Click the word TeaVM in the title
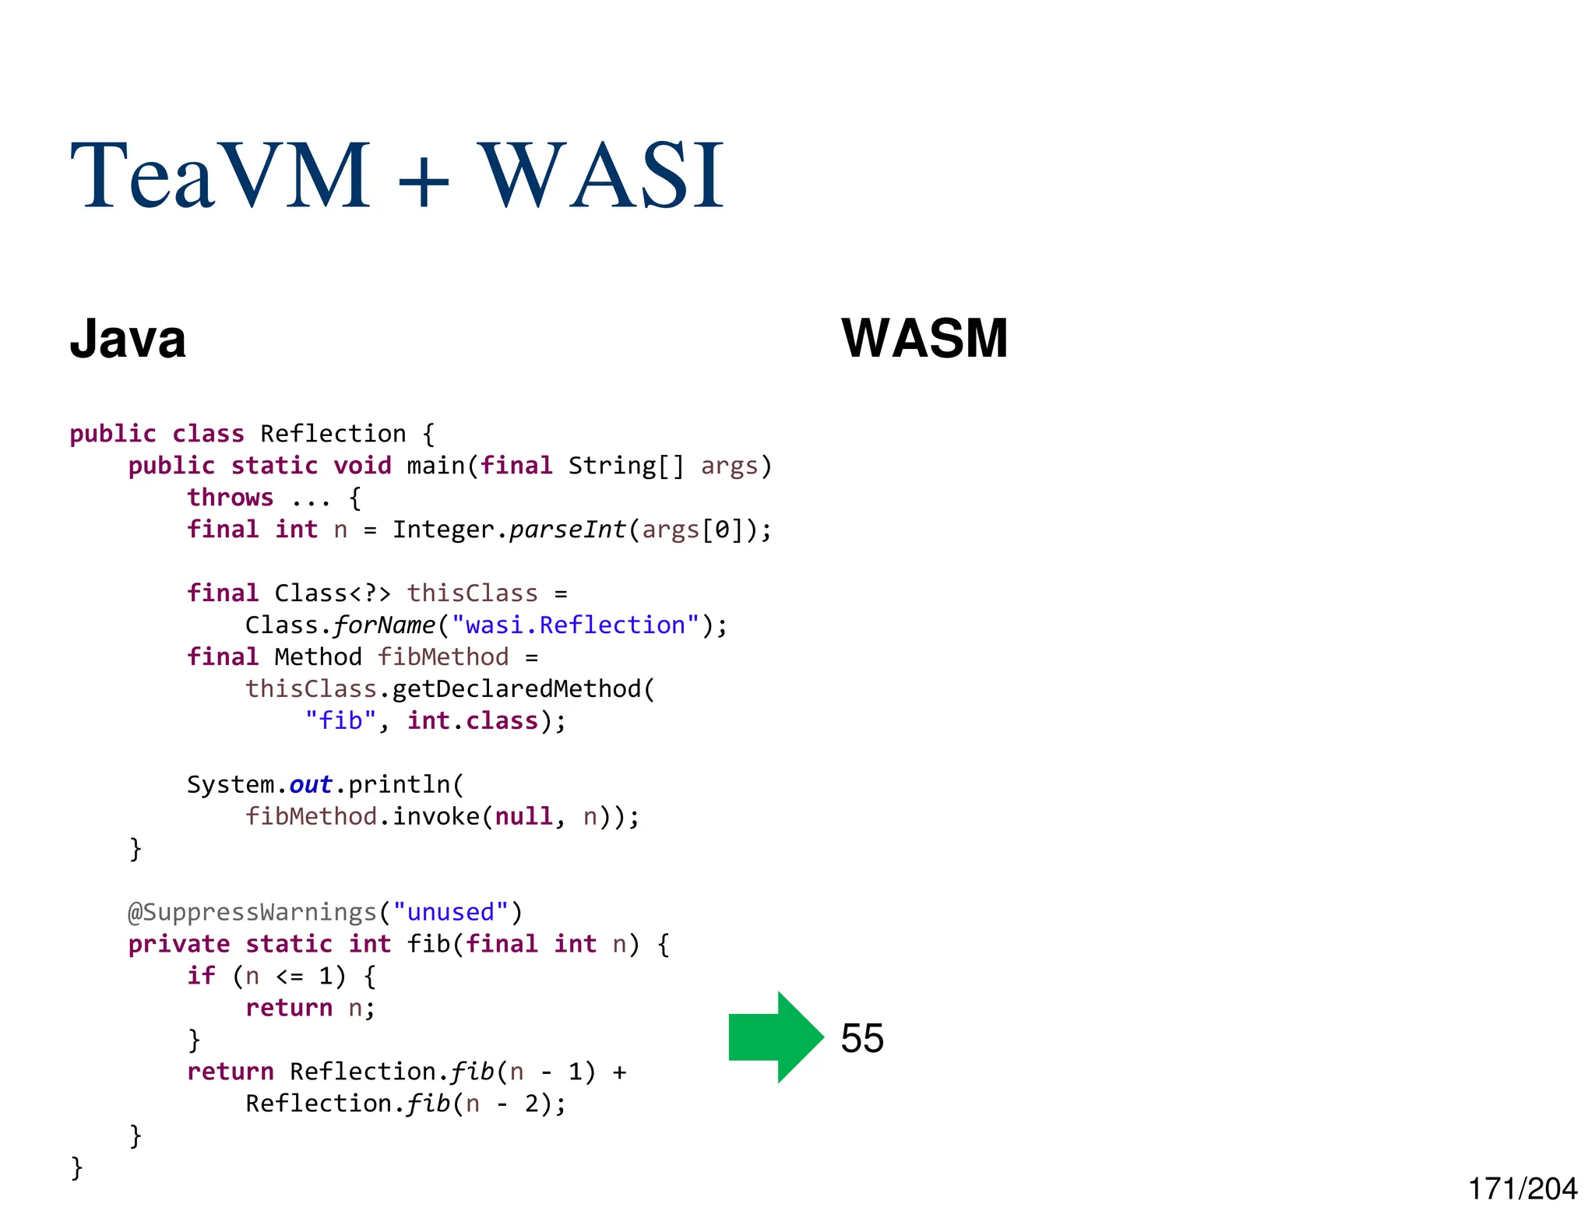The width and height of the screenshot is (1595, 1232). pyautogui.click(x=220, y=175)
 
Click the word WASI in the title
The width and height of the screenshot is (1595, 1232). pyautogui.click(x=600, y=175)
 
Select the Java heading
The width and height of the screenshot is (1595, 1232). pyautogui.click(x=128, y=340)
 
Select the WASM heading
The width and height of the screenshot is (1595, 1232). pyautogui.click(x=924, y=339)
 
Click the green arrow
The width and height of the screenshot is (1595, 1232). pyautogui.click(x=775, y=1037)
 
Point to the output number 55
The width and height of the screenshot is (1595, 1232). pyautogui.click(x=862, y=1038)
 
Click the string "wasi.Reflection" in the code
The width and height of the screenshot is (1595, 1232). pyautogui.click(x=576, y=625)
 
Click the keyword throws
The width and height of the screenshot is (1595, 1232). pyautogui.click(x=231, y=498)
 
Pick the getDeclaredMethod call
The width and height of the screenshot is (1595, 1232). pyautogui.click(x=516, y=689)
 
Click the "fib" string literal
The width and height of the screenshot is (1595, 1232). pyautogui.click(x=340, y=721)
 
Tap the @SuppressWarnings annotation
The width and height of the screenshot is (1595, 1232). pyautogui.click(x=252, y=912)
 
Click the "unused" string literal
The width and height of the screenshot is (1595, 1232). pyautogui.click(x=451, y=912)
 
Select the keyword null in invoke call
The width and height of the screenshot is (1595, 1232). pyautogui.click(x=523, y=817)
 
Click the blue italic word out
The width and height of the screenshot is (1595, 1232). pyautogui.click(x=311, y=785)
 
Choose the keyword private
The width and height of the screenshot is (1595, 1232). pyautogui.click(x=179, y=944)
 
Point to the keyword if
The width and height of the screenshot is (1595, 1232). pyautogui.click(x=201, y=976)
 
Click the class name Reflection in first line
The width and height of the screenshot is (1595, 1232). pyautogui.click(x=333, y=434)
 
